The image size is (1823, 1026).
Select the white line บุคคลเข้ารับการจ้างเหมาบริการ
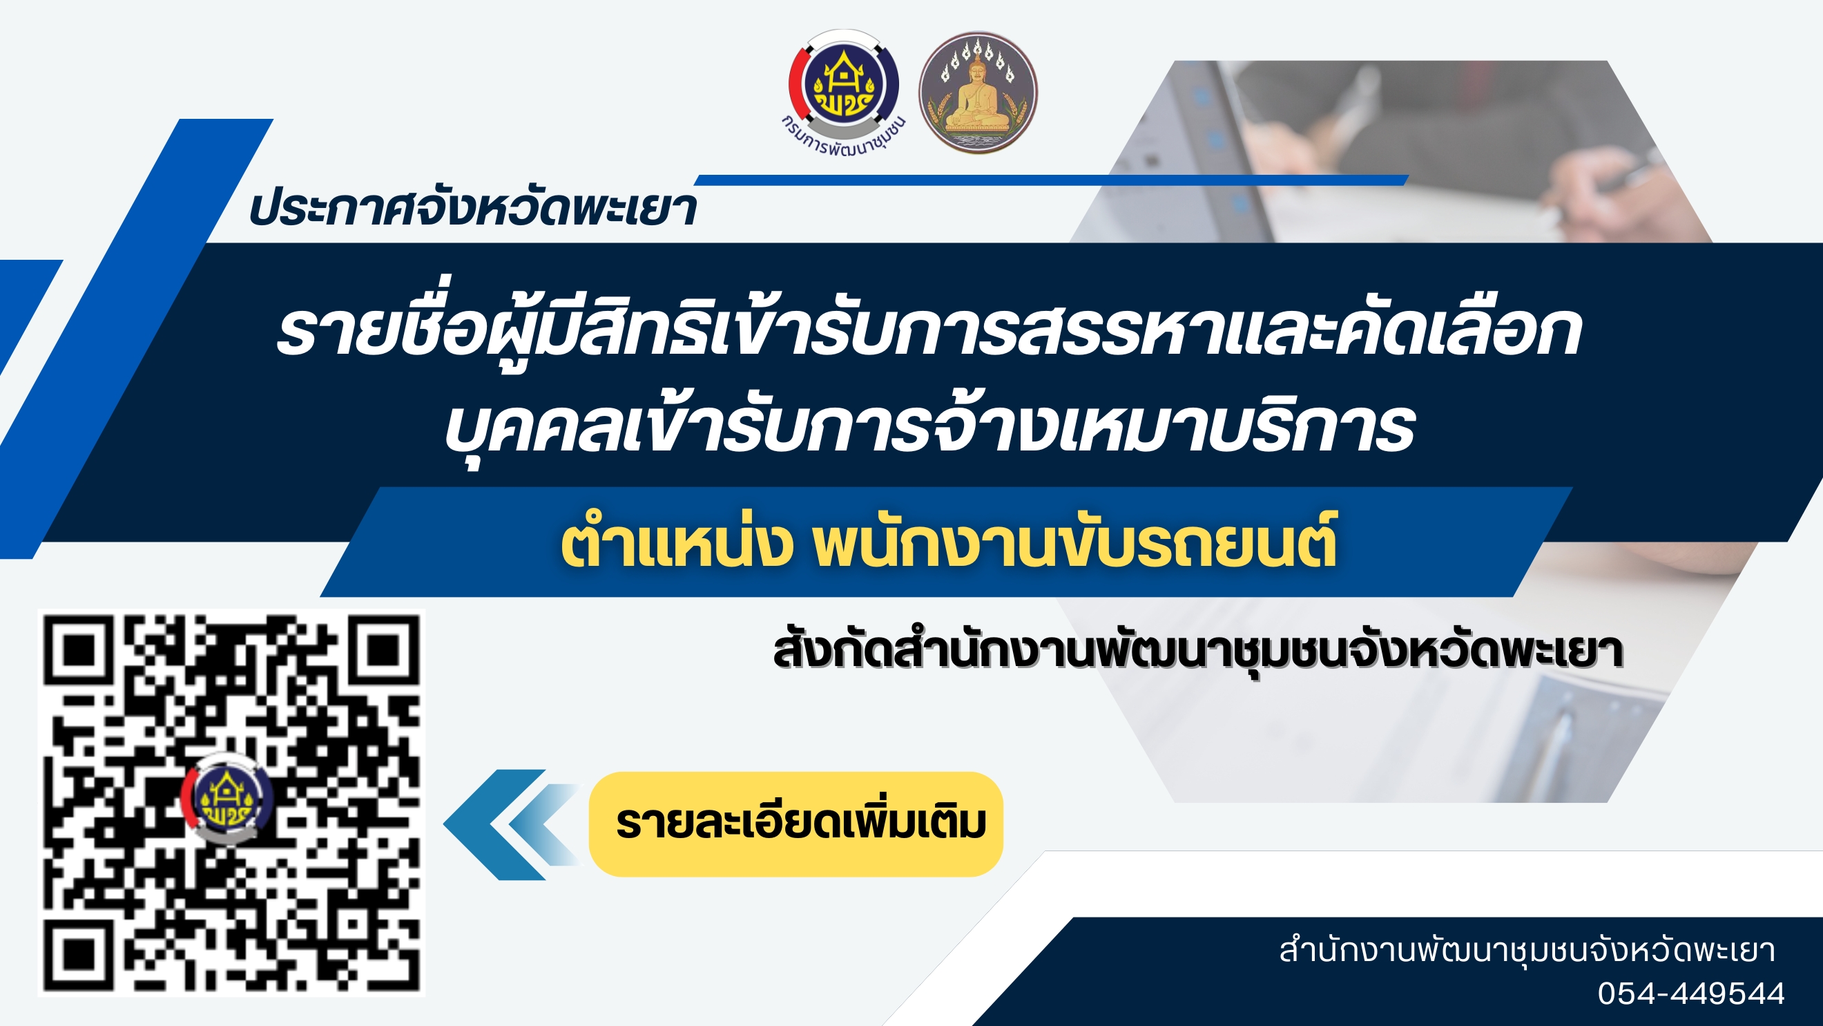pos(929,427)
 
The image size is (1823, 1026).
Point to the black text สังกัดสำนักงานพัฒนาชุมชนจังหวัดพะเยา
pos(1197,652)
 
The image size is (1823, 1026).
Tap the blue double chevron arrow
pos(512,825)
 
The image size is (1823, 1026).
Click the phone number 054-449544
pos(1690,994)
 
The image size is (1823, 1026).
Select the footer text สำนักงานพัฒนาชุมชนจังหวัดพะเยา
pos(1527,951)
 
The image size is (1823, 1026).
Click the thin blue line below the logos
pos(1051,180)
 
